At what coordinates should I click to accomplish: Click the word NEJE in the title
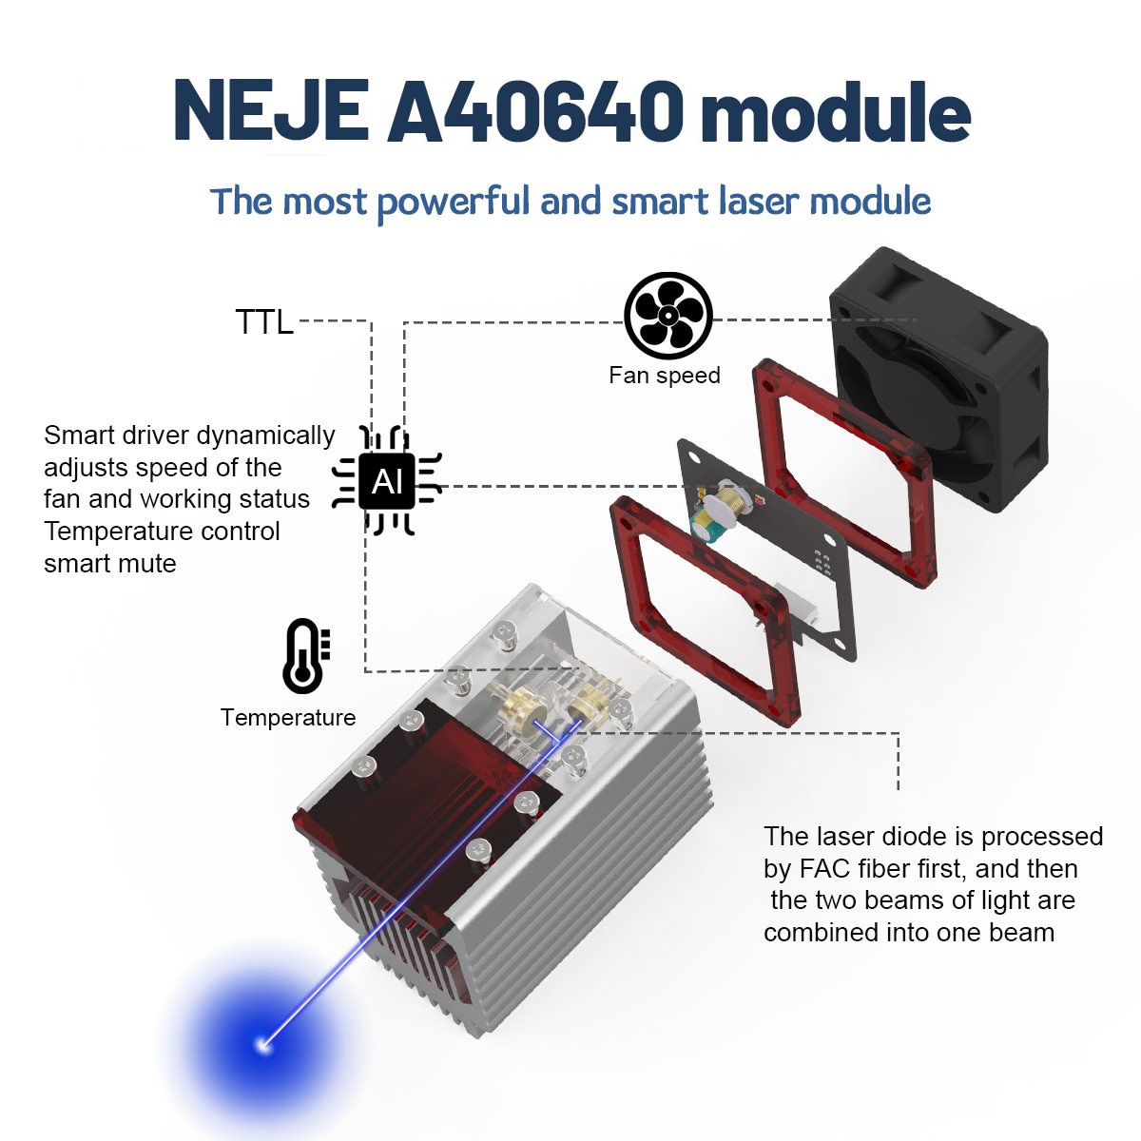coord(271,112)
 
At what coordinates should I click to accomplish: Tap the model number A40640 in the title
coord(536,112)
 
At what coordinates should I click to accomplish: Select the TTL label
coord(264,322)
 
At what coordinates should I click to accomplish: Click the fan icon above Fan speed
coord(668,316)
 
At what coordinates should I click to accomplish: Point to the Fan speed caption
coord(665,376)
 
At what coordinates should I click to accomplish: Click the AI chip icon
coord(387,481)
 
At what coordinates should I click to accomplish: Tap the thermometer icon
coord(306,656)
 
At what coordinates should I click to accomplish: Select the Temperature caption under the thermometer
coord(288,718)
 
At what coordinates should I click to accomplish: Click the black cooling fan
coord(938,379)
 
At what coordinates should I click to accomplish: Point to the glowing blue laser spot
coord(264,1045)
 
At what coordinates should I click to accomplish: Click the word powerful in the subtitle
coord(454,202)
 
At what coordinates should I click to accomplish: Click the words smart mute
coord(110,564)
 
